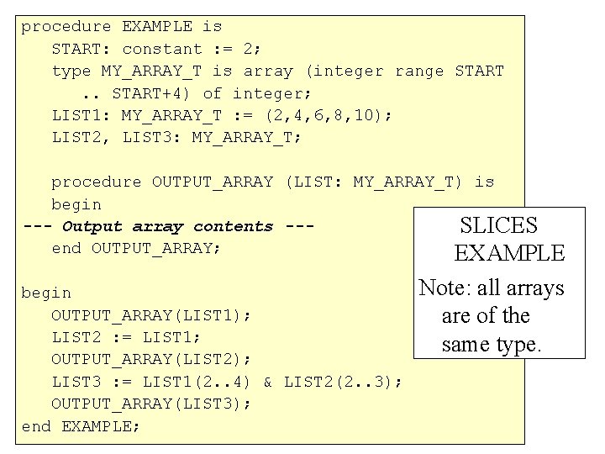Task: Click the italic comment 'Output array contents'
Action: [167, 226]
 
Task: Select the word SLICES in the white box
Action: [498, 225]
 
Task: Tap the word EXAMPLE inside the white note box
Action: [509, 252]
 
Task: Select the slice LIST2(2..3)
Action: [342, 383]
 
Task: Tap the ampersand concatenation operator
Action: [267, 383]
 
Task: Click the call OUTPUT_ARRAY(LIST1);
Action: [151, 315]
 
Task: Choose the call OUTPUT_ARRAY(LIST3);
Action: [151, 404]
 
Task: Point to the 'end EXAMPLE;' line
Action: [81, 426]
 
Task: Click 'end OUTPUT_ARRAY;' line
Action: [136, 248]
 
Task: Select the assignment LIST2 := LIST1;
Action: [126, 337]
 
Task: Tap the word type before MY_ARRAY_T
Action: [71, 71]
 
